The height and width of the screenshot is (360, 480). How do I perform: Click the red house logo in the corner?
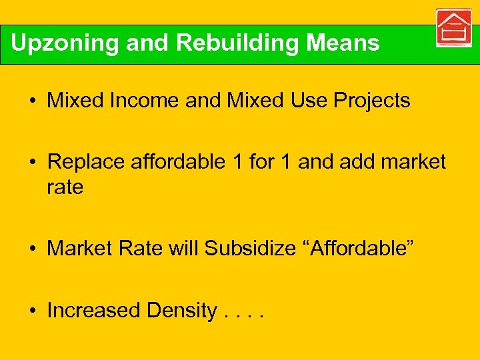pyautogui.click(x=453, y=28)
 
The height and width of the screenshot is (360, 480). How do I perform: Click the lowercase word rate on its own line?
pyautogui.click(x=65, y=187)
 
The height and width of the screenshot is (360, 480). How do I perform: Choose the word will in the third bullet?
pyautogui.click(x=183, y=249)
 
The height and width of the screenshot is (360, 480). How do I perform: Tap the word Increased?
pyautogui.click(x=94, y=311)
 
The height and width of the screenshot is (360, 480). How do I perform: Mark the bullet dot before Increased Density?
pyautogui.click(x=32, y=311)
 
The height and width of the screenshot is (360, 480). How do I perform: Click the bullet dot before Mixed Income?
pyautogui.click(x=32, y=101)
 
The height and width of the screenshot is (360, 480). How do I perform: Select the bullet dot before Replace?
pyautogui.click(x=32, y=163)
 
